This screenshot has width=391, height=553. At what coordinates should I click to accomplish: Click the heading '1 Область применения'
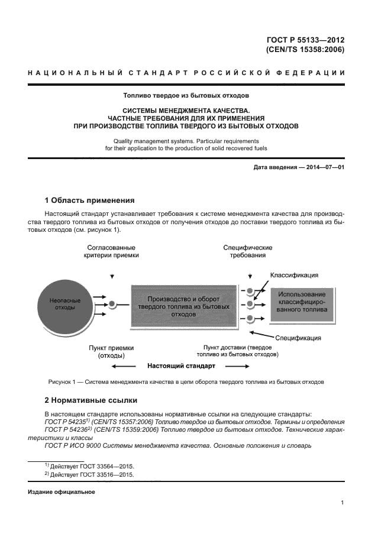tap(89, 200)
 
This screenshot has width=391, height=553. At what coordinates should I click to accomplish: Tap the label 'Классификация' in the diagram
tap(295, 275)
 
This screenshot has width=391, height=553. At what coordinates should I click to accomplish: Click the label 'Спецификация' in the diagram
tap(298, 338)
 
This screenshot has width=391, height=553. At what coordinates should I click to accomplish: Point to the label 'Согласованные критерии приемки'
tap(111, 251)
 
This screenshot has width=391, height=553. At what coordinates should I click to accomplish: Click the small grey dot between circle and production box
tap(111, 305)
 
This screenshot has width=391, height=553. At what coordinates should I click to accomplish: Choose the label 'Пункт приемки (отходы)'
tap(111, 352)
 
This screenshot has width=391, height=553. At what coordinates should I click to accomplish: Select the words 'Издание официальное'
tap(62, 491)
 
